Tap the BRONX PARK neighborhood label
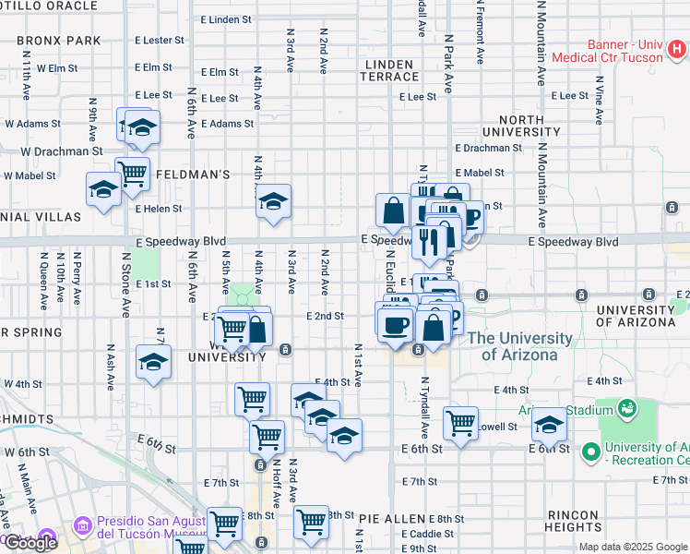point(58,41)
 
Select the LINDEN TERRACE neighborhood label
point(392,70)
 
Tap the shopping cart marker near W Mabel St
point(133,173)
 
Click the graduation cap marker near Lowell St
point(549,424)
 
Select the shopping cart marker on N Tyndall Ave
point(460,423)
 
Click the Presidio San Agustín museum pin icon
point(83,526)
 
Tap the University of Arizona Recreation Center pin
point(591,452)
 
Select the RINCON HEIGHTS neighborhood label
point(573,520)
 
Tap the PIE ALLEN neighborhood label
point(392,520)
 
